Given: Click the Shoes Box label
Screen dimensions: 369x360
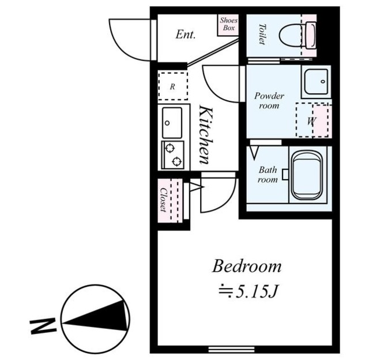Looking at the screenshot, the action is point(228,24).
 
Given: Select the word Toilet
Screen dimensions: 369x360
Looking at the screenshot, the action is point(262,34).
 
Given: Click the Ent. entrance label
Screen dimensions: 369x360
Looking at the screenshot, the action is point(186,35).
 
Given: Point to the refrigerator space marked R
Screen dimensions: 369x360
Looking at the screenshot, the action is point(173,86).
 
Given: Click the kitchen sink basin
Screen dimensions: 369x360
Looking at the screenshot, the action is point(172,123).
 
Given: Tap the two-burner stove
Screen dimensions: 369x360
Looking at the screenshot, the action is point(172,155).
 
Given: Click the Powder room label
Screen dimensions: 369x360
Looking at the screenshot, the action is point(269,101).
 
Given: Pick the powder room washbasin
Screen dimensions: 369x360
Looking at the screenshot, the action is point(316,82).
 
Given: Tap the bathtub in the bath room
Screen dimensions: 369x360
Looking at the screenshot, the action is point(306,175).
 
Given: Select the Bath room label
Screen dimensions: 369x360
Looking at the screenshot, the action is point(268,175).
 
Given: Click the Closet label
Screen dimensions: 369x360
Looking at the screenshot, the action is point(163,200).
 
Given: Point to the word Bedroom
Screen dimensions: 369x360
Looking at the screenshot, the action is point(247,267).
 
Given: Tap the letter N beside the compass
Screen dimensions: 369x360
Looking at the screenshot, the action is point(43,325).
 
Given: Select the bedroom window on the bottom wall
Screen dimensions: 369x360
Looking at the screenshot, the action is point(231,350).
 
